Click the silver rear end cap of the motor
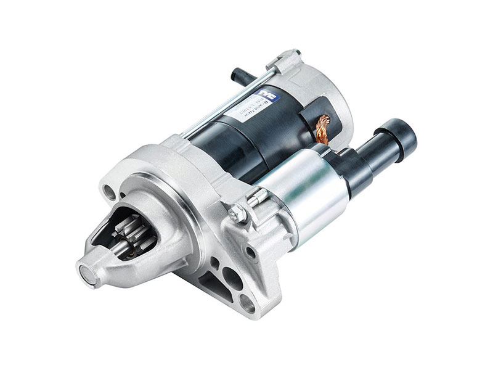pos(320,86)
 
